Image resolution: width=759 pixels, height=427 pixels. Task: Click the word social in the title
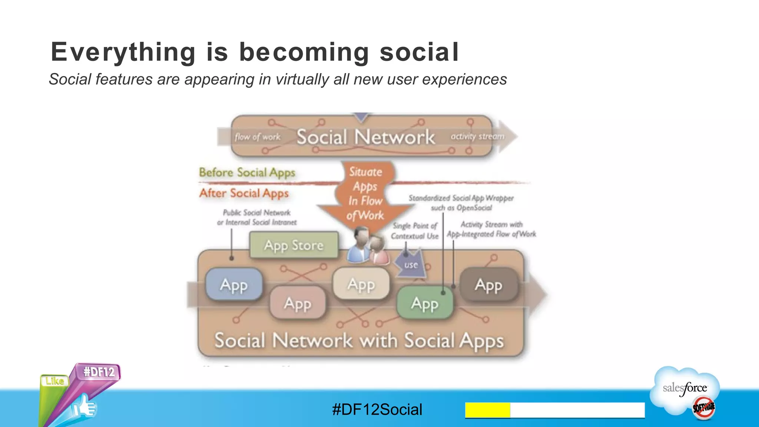[x=419, y=52]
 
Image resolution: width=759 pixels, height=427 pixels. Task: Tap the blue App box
[x=234, y=285]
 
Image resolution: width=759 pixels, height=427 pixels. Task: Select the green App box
[x=425, y=303]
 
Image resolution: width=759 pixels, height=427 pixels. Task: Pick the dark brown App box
[x=488, y=285]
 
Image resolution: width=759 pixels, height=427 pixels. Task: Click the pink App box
[x=298, y=303]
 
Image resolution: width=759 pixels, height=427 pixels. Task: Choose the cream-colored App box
[x=361, y=284]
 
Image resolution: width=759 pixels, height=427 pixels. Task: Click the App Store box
[x=294, y=245]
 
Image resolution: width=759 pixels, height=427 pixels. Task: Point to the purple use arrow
[x=411, y=265]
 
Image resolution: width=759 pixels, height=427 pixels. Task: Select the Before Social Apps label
[x=247, y=172]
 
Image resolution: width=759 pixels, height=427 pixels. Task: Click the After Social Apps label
[x=244, y=193]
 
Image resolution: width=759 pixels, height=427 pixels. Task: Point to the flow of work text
[x=258, y=137]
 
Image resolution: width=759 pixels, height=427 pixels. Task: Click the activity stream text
[x=477, y=136]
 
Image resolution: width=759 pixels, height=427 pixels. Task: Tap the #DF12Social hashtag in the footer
[x=377, y=410]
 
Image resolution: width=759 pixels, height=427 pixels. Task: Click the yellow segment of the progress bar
[x=487, y=410]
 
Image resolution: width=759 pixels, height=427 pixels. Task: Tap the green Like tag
[x=55, y=381]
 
